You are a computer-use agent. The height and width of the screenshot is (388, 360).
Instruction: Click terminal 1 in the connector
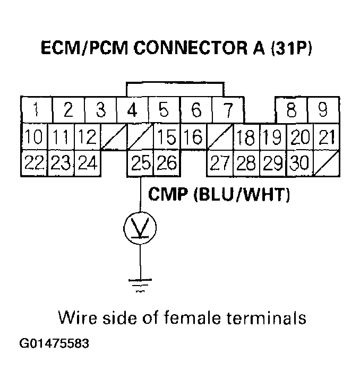point(36,110)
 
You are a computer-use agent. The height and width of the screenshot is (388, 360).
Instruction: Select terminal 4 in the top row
point(132,110)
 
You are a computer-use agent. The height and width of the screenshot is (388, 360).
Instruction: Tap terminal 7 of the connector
point(228,110)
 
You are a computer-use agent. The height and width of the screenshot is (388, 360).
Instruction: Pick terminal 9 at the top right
point(323,110)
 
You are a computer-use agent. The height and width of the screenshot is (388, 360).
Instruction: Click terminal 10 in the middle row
point(33,137)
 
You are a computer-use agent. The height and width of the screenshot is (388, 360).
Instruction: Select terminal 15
point(167,137)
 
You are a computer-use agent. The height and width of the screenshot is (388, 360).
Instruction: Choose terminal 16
point(194,137)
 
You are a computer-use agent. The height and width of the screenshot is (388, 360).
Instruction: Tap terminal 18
point(246,137)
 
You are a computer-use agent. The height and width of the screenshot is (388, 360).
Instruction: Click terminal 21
point(324,137)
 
